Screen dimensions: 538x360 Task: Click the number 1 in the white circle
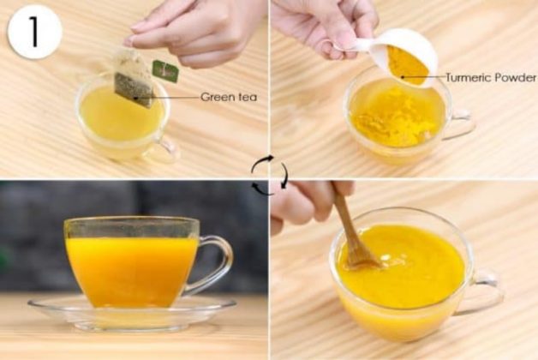pyautogui.click(x=34, y=32)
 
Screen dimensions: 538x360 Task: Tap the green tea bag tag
pyautogui.click(x=165, y=71)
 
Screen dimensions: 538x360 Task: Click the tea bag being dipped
pyautogui.click(x=134, y=77)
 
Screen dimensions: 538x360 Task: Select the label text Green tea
pyautogui.click(x=229, y=97)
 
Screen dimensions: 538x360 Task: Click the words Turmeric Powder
pyautogui.click(x=491, y=77)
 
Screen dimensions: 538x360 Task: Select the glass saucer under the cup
pyautogui.click(x=132, y=311)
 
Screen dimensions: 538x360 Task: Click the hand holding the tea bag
pyautogui.click(x=192, y=33)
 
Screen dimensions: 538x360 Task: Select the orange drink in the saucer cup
pyautogui.click(x=131, y=271)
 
